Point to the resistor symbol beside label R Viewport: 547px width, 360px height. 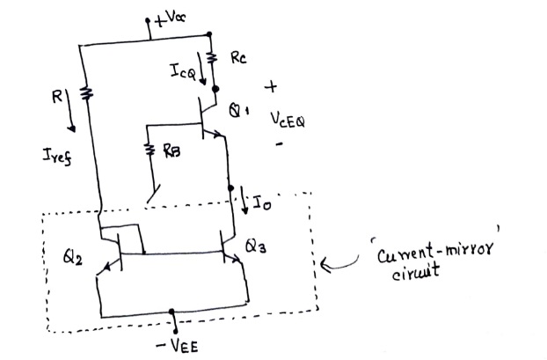click(x=84, y=94)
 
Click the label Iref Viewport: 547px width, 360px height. click(x=55, y=155)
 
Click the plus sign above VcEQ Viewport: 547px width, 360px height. click(x=270, y=88)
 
